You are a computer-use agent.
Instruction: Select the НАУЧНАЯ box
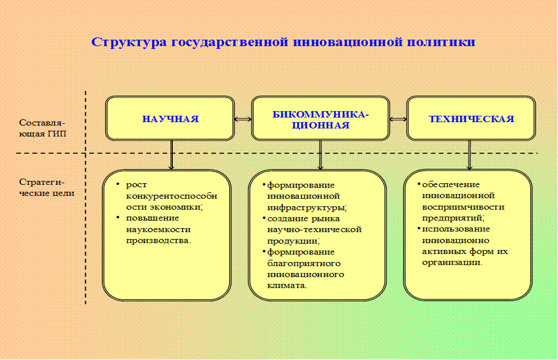(x=170, y=119)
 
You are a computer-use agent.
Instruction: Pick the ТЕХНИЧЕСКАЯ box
(x=471, y=119)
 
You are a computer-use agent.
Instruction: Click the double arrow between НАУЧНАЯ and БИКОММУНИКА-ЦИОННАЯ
(x=243, y=119)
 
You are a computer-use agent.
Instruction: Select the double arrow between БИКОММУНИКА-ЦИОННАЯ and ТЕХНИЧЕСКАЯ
(x=398, y=119)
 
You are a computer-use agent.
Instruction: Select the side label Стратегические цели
(x=46, y=187)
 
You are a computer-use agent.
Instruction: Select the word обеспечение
(x=451, y=184)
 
